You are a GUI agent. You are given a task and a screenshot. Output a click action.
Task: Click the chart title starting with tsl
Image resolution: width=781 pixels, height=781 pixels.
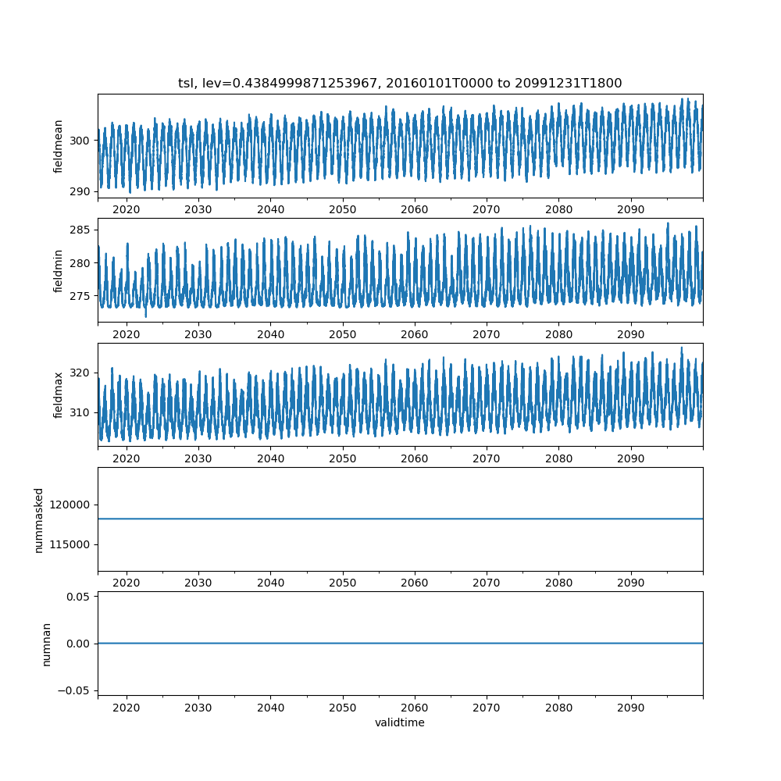pyautogui.click(x=400, y=83)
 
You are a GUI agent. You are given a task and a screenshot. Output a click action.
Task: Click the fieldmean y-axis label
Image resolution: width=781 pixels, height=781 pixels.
pyautogui.click(x=58, y=147)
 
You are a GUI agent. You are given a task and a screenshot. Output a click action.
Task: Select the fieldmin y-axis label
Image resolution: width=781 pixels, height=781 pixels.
pyautogui.click(x=58, y=271)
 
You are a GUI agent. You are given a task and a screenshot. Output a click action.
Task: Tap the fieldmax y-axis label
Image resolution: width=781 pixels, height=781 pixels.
pyautogui.click(x=58, y=395)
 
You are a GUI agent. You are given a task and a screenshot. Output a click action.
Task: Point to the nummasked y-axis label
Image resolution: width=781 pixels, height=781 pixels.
pyautogui.click(x=39, y=520)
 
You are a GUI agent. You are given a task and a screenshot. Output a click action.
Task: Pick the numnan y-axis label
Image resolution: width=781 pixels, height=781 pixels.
pyautogui.click(x=46, y=644)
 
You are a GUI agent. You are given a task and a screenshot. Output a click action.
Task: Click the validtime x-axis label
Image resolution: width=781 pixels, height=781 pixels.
pyautogui.click(x=400, y=722)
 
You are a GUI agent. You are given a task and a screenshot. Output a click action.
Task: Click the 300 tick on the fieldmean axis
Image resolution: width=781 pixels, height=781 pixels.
pyautogui.click(x=80, y=141)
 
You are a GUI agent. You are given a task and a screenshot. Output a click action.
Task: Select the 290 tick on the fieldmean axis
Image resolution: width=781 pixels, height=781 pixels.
pyautogui.click(x=80, y=192)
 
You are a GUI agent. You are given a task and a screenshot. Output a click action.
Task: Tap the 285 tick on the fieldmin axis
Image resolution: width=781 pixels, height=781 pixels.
pyautogui.click(x=80, y=230)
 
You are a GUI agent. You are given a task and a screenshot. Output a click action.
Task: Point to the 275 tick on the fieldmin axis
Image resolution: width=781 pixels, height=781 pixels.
pyautogui.click(x=80, y=296)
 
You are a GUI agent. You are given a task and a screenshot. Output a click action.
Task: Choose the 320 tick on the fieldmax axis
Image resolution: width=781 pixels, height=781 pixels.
pyautogui.click(x=80, y=373)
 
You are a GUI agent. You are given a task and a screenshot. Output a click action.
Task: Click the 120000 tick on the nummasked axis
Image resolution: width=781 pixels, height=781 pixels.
pyautogui.click(x=70, y=505)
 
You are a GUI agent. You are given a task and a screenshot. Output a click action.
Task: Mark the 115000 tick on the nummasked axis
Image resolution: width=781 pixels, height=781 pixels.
pyautogui.click(x=70, y=545)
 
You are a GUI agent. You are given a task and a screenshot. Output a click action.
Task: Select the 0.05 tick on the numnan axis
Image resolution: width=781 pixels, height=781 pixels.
pyautogui.click(x=78, y=597)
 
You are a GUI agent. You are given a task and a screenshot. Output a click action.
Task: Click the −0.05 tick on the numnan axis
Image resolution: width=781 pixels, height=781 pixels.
pyautogui.click(x=73, y=691)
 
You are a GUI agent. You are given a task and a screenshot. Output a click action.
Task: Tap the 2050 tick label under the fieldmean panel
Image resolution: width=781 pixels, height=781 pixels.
pyautogui.click(x=343, y=209)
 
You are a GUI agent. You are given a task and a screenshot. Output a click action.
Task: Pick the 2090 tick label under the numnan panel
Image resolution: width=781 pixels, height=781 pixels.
pyautogui.click(x=630, y=708)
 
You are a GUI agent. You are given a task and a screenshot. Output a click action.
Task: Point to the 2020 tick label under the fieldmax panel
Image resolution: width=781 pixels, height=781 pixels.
pyautogui.click(x=127, y=458)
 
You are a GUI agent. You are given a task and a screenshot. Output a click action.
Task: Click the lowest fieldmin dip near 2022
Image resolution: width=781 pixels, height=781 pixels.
pyautogui.click(x=146, y=316)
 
